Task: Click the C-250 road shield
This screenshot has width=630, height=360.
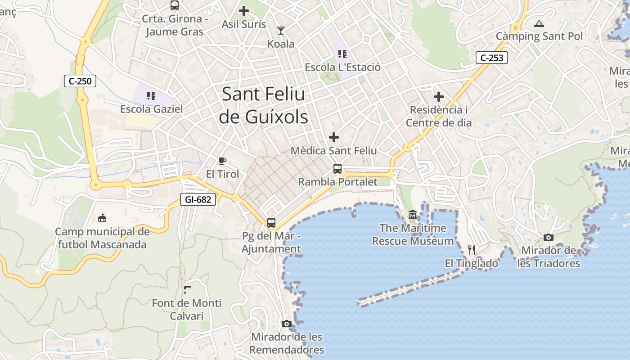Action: click(80, 81)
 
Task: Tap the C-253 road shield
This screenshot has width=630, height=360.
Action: click(492, 58)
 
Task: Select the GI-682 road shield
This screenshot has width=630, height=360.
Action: click(198, 199)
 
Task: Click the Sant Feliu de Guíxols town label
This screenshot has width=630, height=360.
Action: click(264, 106)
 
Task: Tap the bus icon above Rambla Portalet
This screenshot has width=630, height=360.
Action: click(337, 169)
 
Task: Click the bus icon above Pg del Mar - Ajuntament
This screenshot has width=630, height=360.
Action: click(271, 222)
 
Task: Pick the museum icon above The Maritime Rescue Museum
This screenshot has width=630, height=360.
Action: click(413, 215)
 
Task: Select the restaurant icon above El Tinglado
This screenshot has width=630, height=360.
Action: click(471, 250)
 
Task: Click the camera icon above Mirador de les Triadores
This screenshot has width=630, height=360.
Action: click(548, 237)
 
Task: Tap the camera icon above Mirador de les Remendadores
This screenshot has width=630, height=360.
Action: click(286, 324)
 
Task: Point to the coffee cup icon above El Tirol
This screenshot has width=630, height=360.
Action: click(222, 161)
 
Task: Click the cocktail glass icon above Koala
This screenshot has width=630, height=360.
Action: click(281, 31)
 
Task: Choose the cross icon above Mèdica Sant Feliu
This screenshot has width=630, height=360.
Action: click(334, 137)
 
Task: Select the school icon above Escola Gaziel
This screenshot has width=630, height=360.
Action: click(151, 95)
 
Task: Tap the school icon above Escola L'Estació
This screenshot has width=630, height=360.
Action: click(342, 54)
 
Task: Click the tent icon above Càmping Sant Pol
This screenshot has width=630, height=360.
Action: click(539, 23)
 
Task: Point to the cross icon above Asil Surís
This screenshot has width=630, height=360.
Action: click(244, 11)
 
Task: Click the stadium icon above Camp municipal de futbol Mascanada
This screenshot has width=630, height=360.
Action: click(102, 218)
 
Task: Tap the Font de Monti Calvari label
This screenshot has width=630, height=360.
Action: click(187, 309)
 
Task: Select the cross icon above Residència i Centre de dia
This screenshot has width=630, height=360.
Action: click(438, 96)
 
